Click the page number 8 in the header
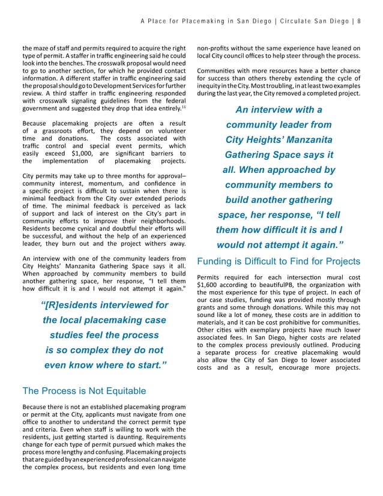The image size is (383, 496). pos(358,22)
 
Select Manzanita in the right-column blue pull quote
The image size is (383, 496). pos(303,140)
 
